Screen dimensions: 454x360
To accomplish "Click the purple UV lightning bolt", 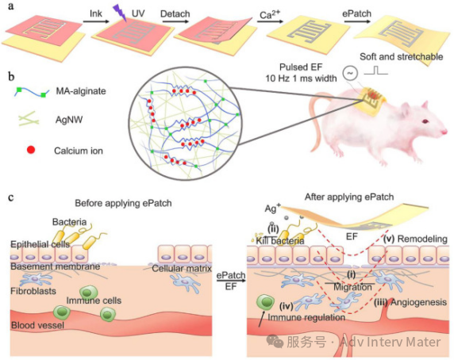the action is point(119,12).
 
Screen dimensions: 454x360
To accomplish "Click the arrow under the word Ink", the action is point(96,21).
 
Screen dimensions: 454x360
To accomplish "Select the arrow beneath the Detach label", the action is point(175,21).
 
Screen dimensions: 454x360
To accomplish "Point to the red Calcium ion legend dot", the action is point(31,150).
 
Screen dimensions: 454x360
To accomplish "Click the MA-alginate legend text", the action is point(81,91).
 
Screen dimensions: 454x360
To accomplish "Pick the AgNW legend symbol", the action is point(29,119).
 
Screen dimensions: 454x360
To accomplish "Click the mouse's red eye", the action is point(425,121).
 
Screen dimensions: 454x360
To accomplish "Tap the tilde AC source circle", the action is point(350,73).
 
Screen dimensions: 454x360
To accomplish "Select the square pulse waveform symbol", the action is point(376,71).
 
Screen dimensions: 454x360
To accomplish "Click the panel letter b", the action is point(12,76).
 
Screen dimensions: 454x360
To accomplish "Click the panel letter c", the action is point(11,197).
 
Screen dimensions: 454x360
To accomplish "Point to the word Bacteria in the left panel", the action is point(70,222).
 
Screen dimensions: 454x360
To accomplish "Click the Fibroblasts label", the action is point(33,290).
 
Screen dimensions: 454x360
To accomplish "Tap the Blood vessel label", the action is point(37,325).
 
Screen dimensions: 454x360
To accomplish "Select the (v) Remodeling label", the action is point(415,239).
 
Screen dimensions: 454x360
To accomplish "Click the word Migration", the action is point(352,287).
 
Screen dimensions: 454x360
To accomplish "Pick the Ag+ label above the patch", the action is point(272,208).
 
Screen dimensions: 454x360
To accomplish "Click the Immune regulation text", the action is point(306,317).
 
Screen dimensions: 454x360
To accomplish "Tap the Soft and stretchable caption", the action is point(402,56).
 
